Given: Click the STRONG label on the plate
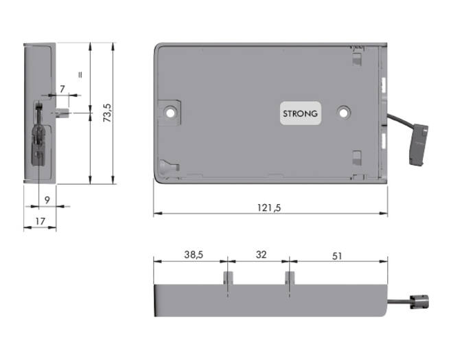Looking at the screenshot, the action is click(300, 113).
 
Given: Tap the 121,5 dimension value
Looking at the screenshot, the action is click(269, 207).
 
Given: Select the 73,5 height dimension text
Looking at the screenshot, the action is click(108, 113).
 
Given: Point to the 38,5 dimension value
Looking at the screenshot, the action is click(194, 255).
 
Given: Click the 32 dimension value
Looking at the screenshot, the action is click(261, 255).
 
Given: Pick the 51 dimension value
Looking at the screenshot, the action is click(337, 256).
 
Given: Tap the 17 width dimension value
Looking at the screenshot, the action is click(40, 221).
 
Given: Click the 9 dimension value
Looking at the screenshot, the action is click(47, 200).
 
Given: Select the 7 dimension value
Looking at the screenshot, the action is click(62, 89).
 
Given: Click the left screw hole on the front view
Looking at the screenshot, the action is click(170, 113).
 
